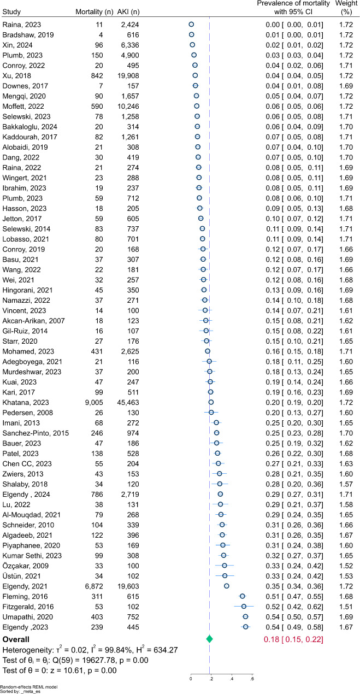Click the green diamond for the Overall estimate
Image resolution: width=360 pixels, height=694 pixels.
[209, 639]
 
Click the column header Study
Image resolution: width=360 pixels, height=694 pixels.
[12, 12]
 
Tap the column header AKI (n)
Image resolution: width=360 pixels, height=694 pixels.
[128, 12]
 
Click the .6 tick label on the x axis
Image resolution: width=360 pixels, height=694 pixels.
[251, 679]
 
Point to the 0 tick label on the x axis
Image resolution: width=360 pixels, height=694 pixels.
[191, 679]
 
